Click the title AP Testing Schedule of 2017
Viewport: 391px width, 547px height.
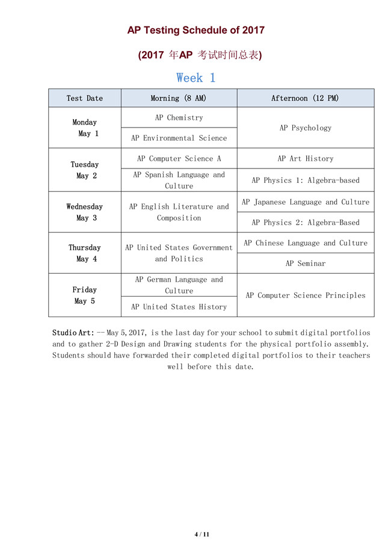point(195,30)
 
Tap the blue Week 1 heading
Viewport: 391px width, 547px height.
point(195,78)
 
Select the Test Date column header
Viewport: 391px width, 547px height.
point(85,98)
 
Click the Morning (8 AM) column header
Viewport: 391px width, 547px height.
point(179,98)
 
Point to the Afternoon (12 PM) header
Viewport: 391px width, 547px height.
point(305,98)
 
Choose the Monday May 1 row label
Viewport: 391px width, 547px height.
point(85,128)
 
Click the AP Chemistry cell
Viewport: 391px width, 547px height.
point(179,117)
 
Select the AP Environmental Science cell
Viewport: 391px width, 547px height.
point(179,138)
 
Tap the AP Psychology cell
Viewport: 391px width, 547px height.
point(305,128)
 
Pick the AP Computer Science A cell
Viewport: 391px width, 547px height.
point(179,158)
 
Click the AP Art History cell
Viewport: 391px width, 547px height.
point(305,158)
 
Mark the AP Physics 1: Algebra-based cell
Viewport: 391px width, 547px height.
point(305,180)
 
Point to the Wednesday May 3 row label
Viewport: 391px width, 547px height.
point(85,212)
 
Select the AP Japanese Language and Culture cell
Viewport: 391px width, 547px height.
point(305,202)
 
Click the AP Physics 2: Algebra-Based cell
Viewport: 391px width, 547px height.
point(305,222)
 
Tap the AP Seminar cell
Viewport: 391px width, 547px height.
point(305,263)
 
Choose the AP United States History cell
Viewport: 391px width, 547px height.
point(179,306)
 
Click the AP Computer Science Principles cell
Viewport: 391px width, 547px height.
point(305,295)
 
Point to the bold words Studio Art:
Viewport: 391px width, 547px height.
point(73,332)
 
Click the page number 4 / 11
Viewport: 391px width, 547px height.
point(202,534)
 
